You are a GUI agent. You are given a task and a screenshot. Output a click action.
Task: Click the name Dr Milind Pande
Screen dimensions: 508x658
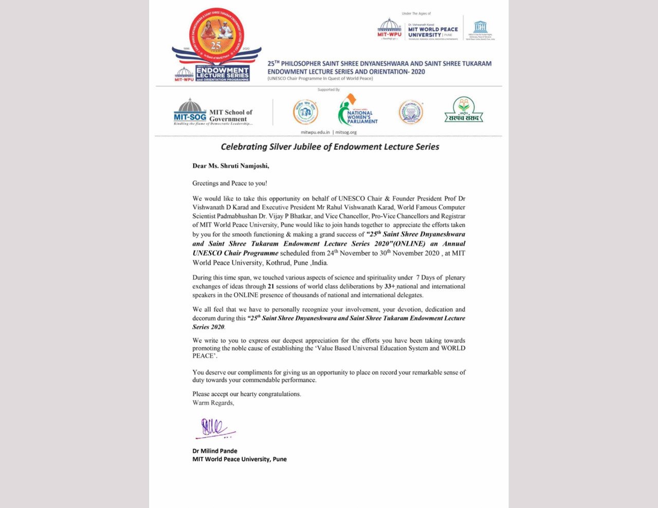click(x=215, y=451)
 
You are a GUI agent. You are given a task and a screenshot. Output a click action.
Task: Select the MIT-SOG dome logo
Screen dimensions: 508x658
click(x=190, y=110)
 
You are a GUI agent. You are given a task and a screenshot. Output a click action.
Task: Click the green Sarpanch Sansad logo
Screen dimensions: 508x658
click(x=464, y=110)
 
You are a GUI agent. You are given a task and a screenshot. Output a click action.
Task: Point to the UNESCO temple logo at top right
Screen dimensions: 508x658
click(x=480, y=28)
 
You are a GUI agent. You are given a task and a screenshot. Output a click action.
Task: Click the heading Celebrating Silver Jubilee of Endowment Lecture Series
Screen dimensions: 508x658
click(x=330, y=147)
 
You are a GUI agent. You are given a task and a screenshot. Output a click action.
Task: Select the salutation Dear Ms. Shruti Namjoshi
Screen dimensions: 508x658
click(x=230, y=166)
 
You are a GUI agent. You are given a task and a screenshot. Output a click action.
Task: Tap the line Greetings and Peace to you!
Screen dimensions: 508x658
click(x=230, y=183)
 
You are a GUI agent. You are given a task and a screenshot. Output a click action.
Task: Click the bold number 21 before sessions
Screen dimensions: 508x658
click(x=271, y=287)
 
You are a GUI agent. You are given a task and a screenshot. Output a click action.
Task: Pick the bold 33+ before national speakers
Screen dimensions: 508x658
click(x=390, y=287)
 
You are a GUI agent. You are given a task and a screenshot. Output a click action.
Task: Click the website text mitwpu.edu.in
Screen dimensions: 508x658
click(x=315, y=132)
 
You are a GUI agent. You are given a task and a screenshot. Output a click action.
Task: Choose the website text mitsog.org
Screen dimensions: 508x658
click(x=346, y=132)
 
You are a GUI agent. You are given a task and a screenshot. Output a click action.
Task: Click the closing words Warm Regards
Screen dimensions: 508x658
click(x=213, y=403)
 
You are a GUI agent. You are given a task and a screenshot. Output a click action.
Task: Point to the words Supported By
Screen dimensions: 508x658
click(x=328, y=90)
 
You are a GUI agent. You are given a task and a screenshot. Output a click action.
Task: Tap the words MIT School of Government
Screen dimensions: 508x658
click(x=231, y=116)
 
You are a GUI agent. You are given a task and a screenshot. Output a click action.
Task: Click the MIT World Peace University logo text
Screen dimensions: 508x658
click(x=433, y=32)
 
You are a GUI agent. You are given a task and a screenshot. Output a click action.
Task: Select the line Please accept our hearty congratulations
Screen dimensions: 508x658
click(x=247, y=394)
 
